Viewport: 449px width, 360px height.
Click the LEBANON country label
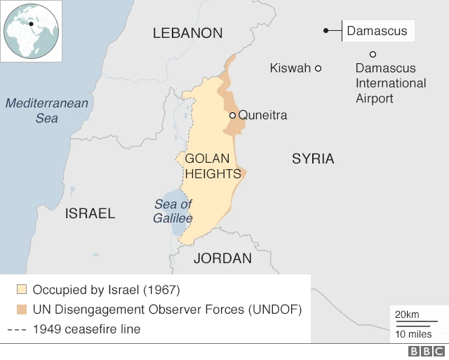pos(187,33)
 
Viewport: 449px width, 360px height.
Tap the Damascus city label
pos(377,31)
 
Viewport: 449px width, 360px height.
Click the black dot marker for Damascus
pos(326,30)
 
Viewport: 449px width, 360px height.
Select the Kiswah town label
pos(290,68)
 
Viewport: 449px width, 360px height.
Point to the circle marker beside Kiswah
pos(318,68)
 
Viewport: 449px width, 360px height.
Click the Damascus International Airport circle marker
pos(373,54)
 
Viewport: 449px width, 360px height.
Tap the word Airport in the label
pos(375,98)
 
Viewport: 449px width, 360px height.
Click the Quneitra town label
pos(262,115)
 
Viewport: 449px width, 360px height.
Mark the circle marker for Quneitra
pos(232,115)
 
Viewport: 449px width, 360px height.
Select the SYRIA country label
pos(313,159)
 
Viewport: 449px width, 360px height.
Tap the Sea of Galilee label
pos(173,211)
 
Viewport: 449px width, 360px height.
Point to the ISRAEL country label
pos(90,213)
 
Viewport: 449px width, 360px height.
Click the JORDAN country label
pos(222,258)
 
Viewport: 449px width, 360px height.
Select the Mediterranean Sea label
pos(47,111)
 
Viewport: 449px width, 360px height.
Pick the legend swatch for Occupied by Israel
pos(22,289)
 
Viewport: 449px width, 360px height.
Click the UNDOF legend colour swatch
pos(22,309)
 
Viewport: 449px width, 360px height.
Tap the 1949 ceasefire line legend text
pos(86,329)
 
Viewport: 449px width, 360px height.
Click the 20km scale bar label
pos(407,314)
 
